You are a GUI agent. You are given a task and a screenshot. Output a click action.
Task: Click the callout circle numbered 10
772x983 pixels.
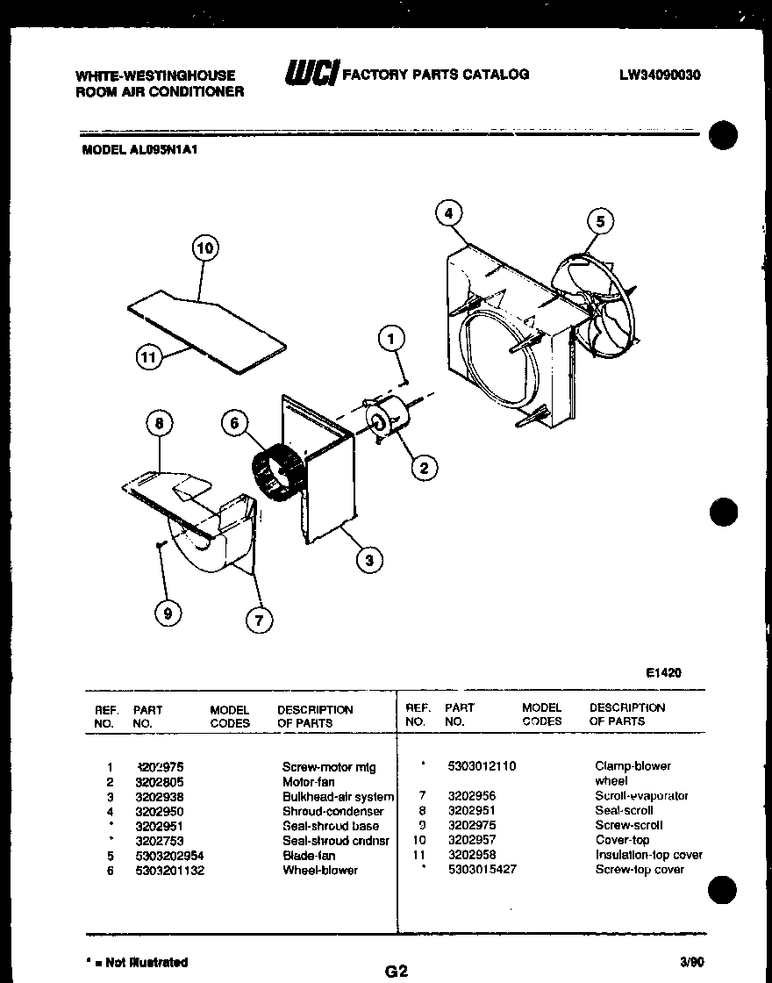tap(204, 248)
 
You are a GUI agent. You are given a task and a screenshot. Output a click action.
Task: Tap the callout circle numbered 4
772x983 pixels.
tap(448, 213)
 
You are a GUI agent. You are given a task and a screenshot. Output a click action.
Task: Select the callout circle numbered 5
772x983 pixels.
tap(600, 221)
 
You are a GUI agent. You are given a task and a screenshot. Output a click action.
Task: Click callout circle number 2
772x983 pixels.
tap(424, 468)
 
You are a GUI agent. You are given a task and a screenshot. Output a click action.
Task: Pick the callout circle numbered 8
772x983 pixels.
tap(159, 423)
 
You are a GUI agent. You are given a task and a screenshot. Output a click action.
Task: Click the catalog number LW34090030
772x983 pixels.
tap(660, 75)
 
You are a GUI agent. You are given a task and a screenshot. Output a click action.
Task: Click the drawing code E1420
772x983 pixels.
tap(663, 673)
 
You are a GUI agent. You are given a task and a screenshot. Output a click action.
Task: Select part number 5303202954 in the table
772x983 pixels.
tap(169, 855)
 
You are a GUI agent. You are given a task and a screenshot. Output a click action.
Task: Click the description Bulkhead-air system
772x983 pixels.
tap(338, 797)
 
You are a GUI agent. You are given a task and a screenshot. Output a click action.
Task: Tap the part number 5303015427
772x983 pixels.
tap(482, 869)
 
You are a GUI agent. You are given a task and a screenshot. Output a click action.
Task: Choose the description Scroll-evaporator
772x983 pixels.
tap(641, 796)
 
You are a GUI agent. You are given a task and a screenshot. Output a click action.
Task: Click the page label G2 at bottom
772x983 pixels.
tap(397, 971)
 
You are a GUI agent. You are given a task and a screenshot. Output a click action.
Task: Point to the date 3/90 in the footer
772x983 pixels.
tap(692, 961)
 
